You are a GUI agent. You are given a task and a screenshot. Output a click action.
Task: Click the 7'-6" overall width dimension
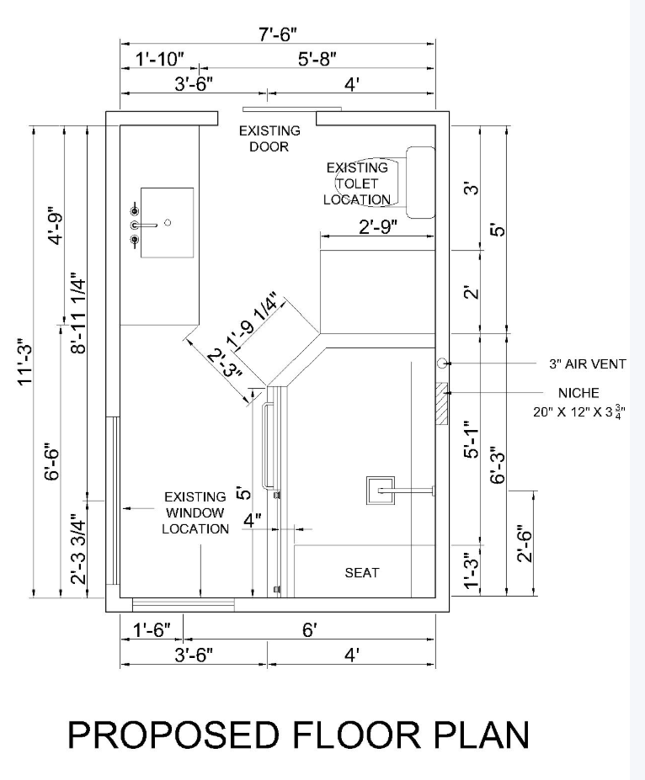(x=278, y=34)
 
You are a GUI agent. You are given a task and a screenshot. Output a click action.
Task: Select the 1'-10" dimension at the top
(x=160, y=59)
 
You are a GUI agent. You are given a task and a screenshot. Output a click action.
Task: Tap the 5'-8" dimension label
(x=317, y=59)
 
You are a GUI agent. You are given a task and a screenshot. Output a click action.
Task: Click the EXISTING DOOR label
(x=269, y=139)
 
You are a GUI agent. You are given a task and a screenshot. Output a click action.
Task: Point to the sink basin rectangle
(x=168, y=222)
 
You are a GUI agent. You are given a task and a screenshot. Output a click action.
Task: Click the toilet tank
(x=420, y=182)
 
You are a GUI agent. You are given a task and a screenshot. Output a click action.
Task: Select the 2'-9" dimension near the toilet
(x=378, y=227)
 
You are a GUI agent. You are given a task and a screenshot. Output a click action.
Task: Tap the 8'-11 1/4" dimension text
(x=79, y=312)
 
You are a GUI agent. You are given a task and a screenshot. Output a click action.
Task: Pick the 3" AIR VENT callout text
(x=587, y=364)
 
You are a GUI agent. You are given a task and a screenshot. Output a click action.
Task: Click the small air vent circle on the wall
(x=442, y=363)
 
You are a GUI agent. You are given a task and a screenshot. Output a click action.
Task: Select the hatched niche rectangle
(x=441, y=403)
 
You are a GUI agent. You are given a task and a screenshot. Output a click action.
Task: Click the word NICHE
(x=578, y=393)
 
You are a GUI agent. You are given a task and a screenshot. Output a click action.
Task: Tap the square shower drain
(x=381, y=490)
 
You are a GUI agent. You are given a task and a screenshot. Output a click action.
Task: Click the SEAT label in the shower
(x=362, y=573)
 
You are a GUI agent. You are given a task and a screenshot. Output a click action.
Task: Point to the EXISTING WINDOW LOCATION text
(x=195, y=513)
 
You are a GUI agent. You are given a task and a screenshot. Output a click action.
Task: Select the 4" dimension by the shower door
(x=252, y=521)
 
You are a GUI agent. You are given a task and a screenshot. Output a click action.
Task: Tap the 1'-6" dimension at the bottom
(x=152, y=630)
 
